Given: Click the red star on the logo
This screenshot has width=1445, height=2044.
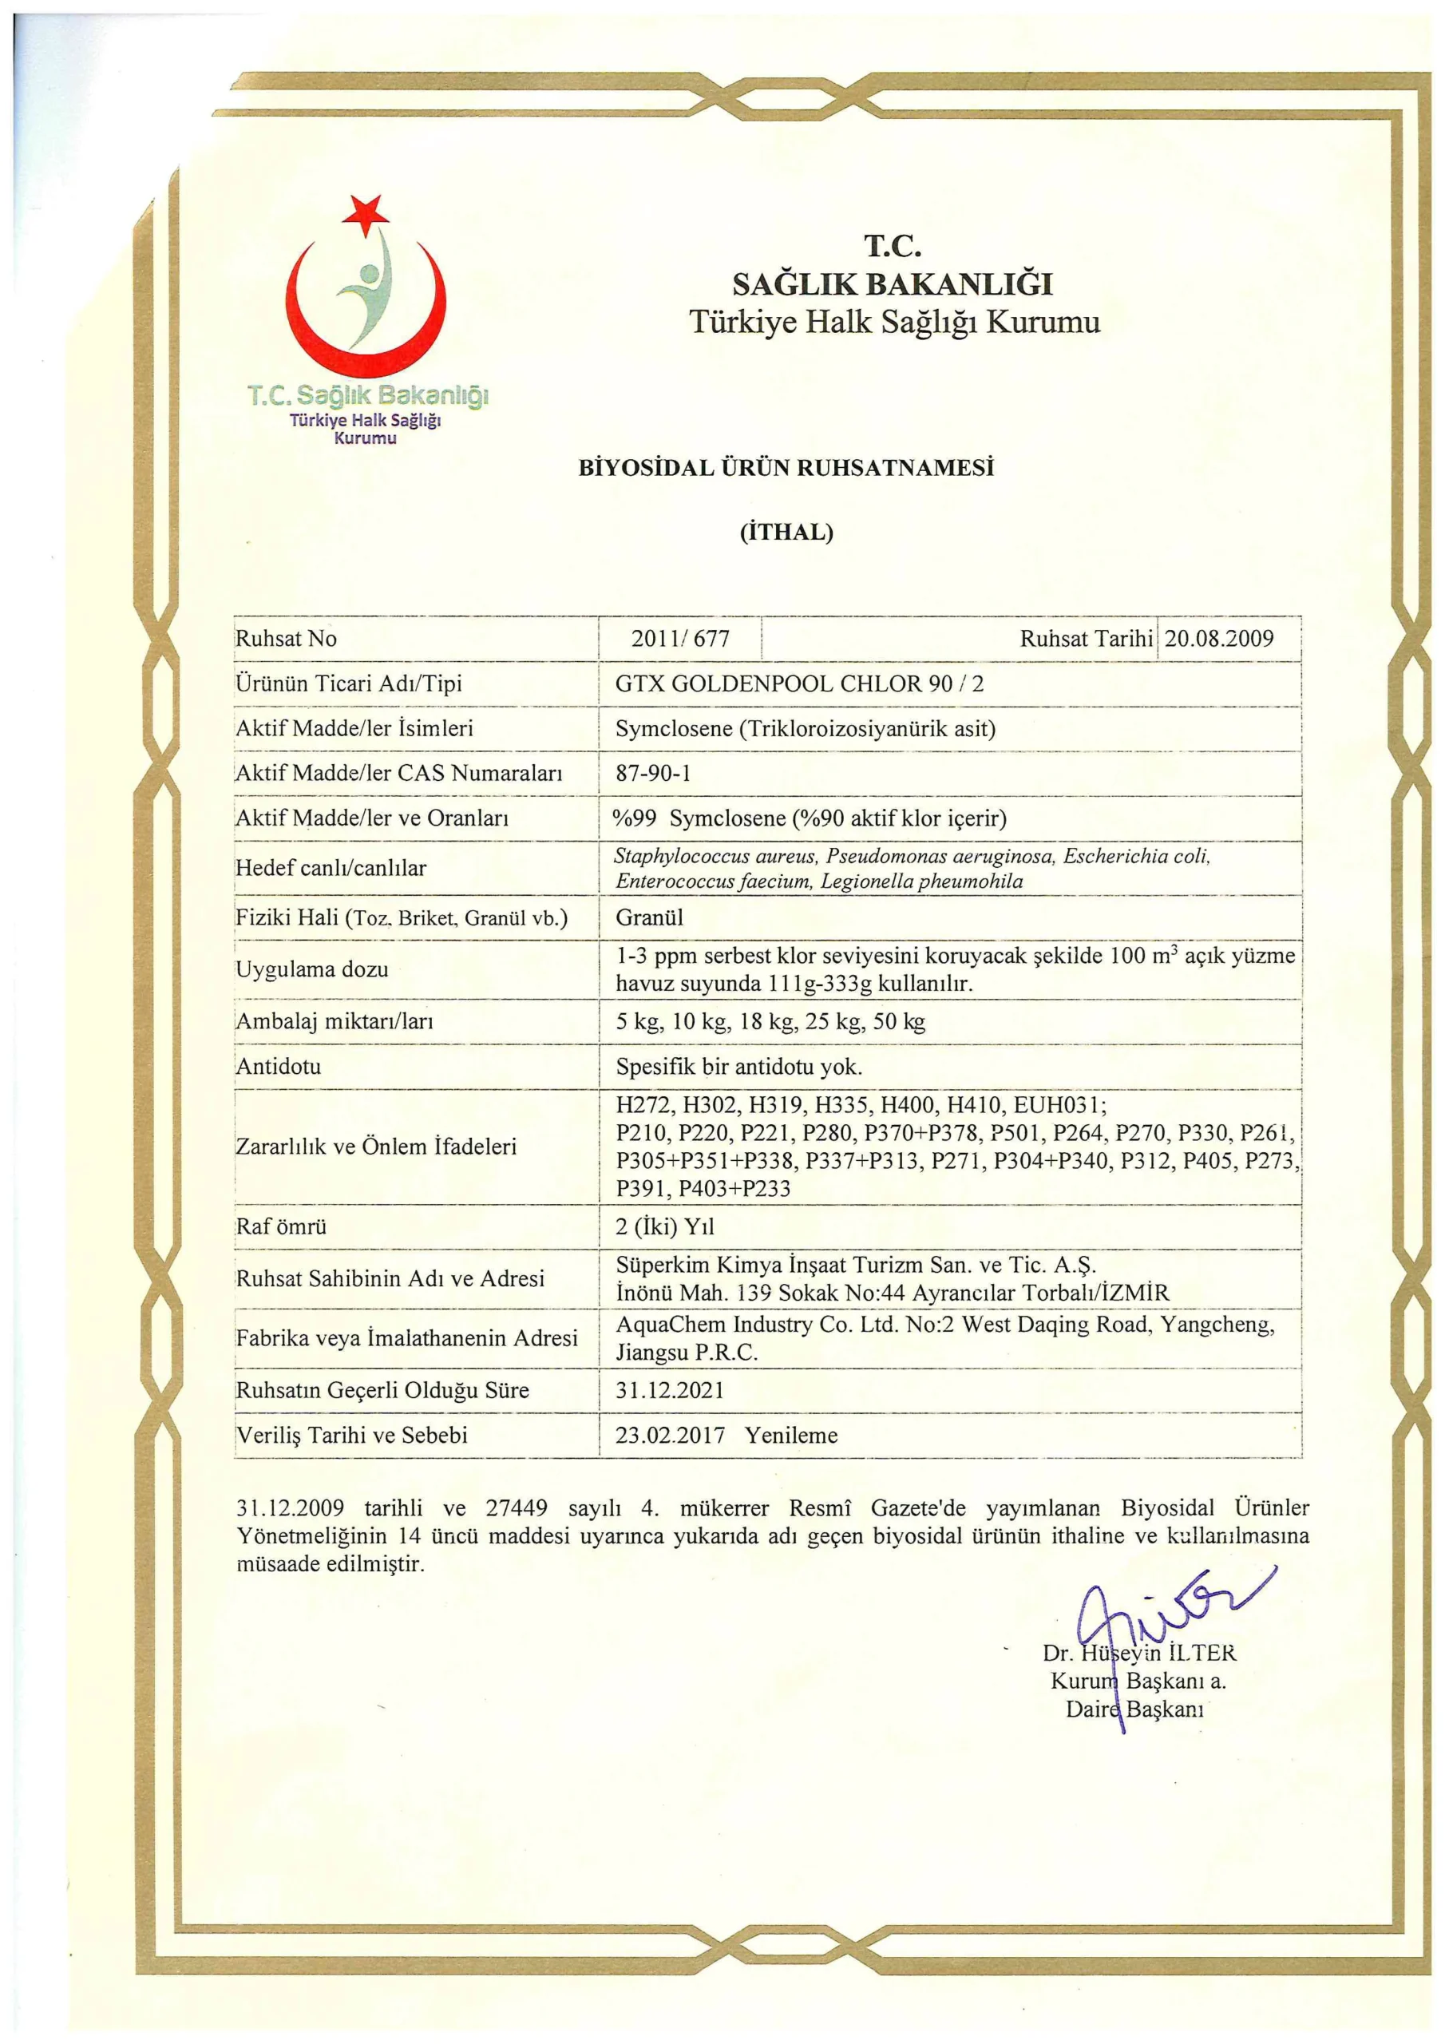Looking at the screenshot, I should tap(365, 214).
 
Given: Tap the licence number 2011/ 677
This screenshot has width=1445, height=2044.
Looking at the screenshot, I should tap(680, 638).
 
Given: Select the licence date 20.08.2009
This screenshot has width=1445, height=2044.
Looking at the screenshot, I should tap(1219, 638).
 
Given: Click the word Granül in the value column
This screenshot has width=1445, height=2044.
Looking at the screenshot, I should tap(649, 917).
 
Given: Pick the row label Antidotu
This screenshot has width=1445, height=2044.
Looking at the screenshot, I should tap(278, 1066).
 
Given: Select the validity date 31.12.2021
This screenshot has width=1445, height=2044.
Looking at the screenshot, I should tap(670, 1389).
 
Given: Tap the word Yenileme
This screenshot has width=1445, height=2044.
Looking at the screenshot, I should tap(791, 1435).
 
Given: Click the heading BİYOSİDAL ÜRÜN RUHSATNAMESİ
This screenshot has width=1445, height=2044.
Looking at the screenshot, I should tap(786, 468).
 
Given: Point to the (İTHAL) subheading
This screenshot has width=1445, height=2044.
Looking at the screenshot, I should tap(786, 533).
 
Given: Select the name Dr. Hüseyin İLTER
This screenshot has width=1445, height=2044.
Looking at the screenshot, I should tap(1139, 1654).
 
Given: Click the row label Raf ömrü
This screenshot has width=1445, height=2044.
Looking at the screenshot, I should tap(280, 1226).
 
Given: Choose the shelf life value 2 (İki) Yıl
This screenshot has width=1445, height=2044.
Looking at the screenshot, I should tap(664, 1226).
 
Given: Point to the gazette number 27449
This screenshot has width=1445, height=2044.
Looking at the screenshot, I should tap(517, 1508).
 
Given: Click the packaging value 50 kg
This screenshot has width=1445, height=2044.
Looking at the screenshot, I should tap(899, 1021).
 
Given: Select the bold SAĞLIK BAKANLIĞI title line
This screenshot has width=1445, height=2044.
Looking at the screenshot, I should tap(892, 284).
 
